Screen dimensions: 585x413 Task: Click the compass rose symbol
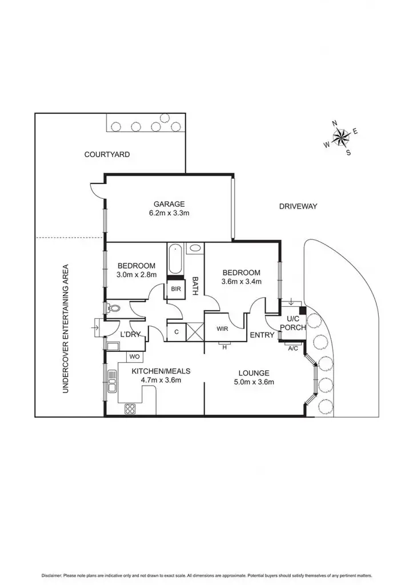pyautogui.click(x=341, y=137)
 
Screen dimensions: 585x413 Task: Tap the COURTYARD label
pyautogui.click(x=107, y=154)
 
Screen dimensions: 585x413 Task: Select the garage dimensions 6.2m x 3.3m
pyautogui.click(x=169, y=214)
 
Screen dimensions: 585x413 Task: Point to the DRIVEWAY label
pyautogui.click(x=298, y=206)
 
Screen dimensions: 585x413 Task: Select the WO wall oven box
pyautogui.click(x=135, y=357)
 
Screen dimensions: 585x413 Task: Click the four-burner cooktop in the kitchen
pyautogui.click(x=130, y=408)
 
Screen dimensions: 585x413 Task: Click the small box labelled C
pyautogui.click(x=176, y=331)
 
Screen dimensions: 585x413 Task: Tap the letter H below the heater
pyautogui.click(x=224, y=347)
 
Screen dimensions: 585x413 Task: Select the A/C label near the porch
pyautogui.click(x=292, y=348)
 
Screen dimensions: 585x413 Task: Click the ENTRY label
pyautogui.click(x=262, y=335)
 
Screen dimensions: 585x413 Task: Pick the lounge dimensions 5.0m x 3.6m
pyautogui.click(x=255, y=383)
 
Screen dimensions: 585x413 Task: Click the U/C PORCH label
pyautogui.click(x=295, y=323)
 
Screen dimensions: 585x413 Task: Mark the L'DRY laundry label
pyautogui.click(x=130, y=334)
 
